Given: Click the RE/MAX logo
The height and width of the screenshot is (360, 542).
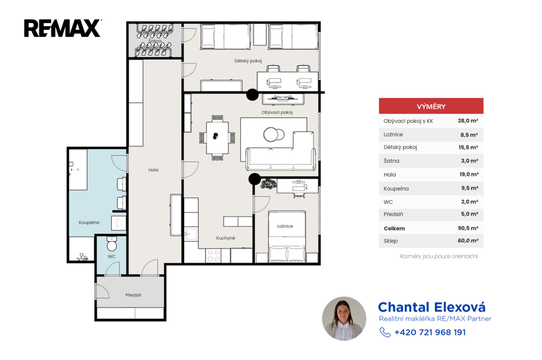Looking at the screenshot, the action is (x=62, y=28).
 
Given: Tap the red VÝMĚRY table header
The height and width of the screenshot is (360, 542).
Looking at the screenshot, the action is (x=431, y=106).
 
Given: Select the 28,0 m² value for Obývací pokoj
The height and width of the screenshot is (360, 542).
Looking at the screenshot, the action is (x=468, y=121).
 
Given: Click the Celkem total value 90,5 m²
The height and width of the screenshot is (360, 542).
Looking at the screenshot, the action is (x=468, y=228).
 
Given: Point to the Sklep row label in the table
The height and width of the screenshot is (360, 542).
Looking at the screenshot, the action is (x=391, y=241).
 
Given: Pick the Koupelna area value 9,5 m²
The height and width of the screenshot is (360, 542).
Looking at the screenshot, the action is (x=469, y=188).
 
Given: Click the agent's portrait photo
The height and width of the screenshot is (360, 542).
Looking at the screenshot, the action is (x=344, y=319).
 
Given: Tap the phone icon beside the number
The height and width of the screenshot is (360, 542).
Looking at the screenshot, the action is (x=385, y=332).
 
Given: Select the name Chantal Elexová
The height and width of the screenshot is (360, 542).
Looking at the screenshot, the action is (x=432, y=307).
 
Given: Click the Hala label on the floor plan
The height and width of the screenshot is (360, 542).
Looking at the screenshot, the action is (x=153, y=170).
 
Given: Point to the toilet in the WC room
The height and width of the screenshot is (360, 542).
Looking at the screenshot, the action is (x=112, y=244).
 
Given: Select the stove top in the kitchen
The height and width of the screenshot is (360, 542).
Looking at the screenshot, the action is (x=213, y=256).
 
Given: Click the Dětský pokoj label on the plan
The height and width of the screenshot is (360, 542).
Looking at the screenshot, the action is (x=248, y=61).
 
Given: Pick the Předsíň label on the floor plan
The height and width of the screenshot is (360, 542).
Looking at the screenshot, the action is (x=133, y=295).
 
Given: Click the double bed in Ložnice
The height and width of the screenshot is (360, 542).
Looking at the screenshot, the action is (x=287, y=237).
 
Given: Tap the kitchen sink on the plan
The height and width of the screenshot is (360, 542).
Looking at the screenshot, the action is (x=191, y=234).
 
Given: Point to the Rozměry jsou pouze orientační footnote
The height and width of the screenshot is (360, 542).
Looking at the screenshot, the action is (x=439, y=256).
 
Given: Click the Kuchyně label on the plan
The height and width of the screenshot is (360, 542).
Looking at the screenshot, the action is (x=225, y=238).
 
